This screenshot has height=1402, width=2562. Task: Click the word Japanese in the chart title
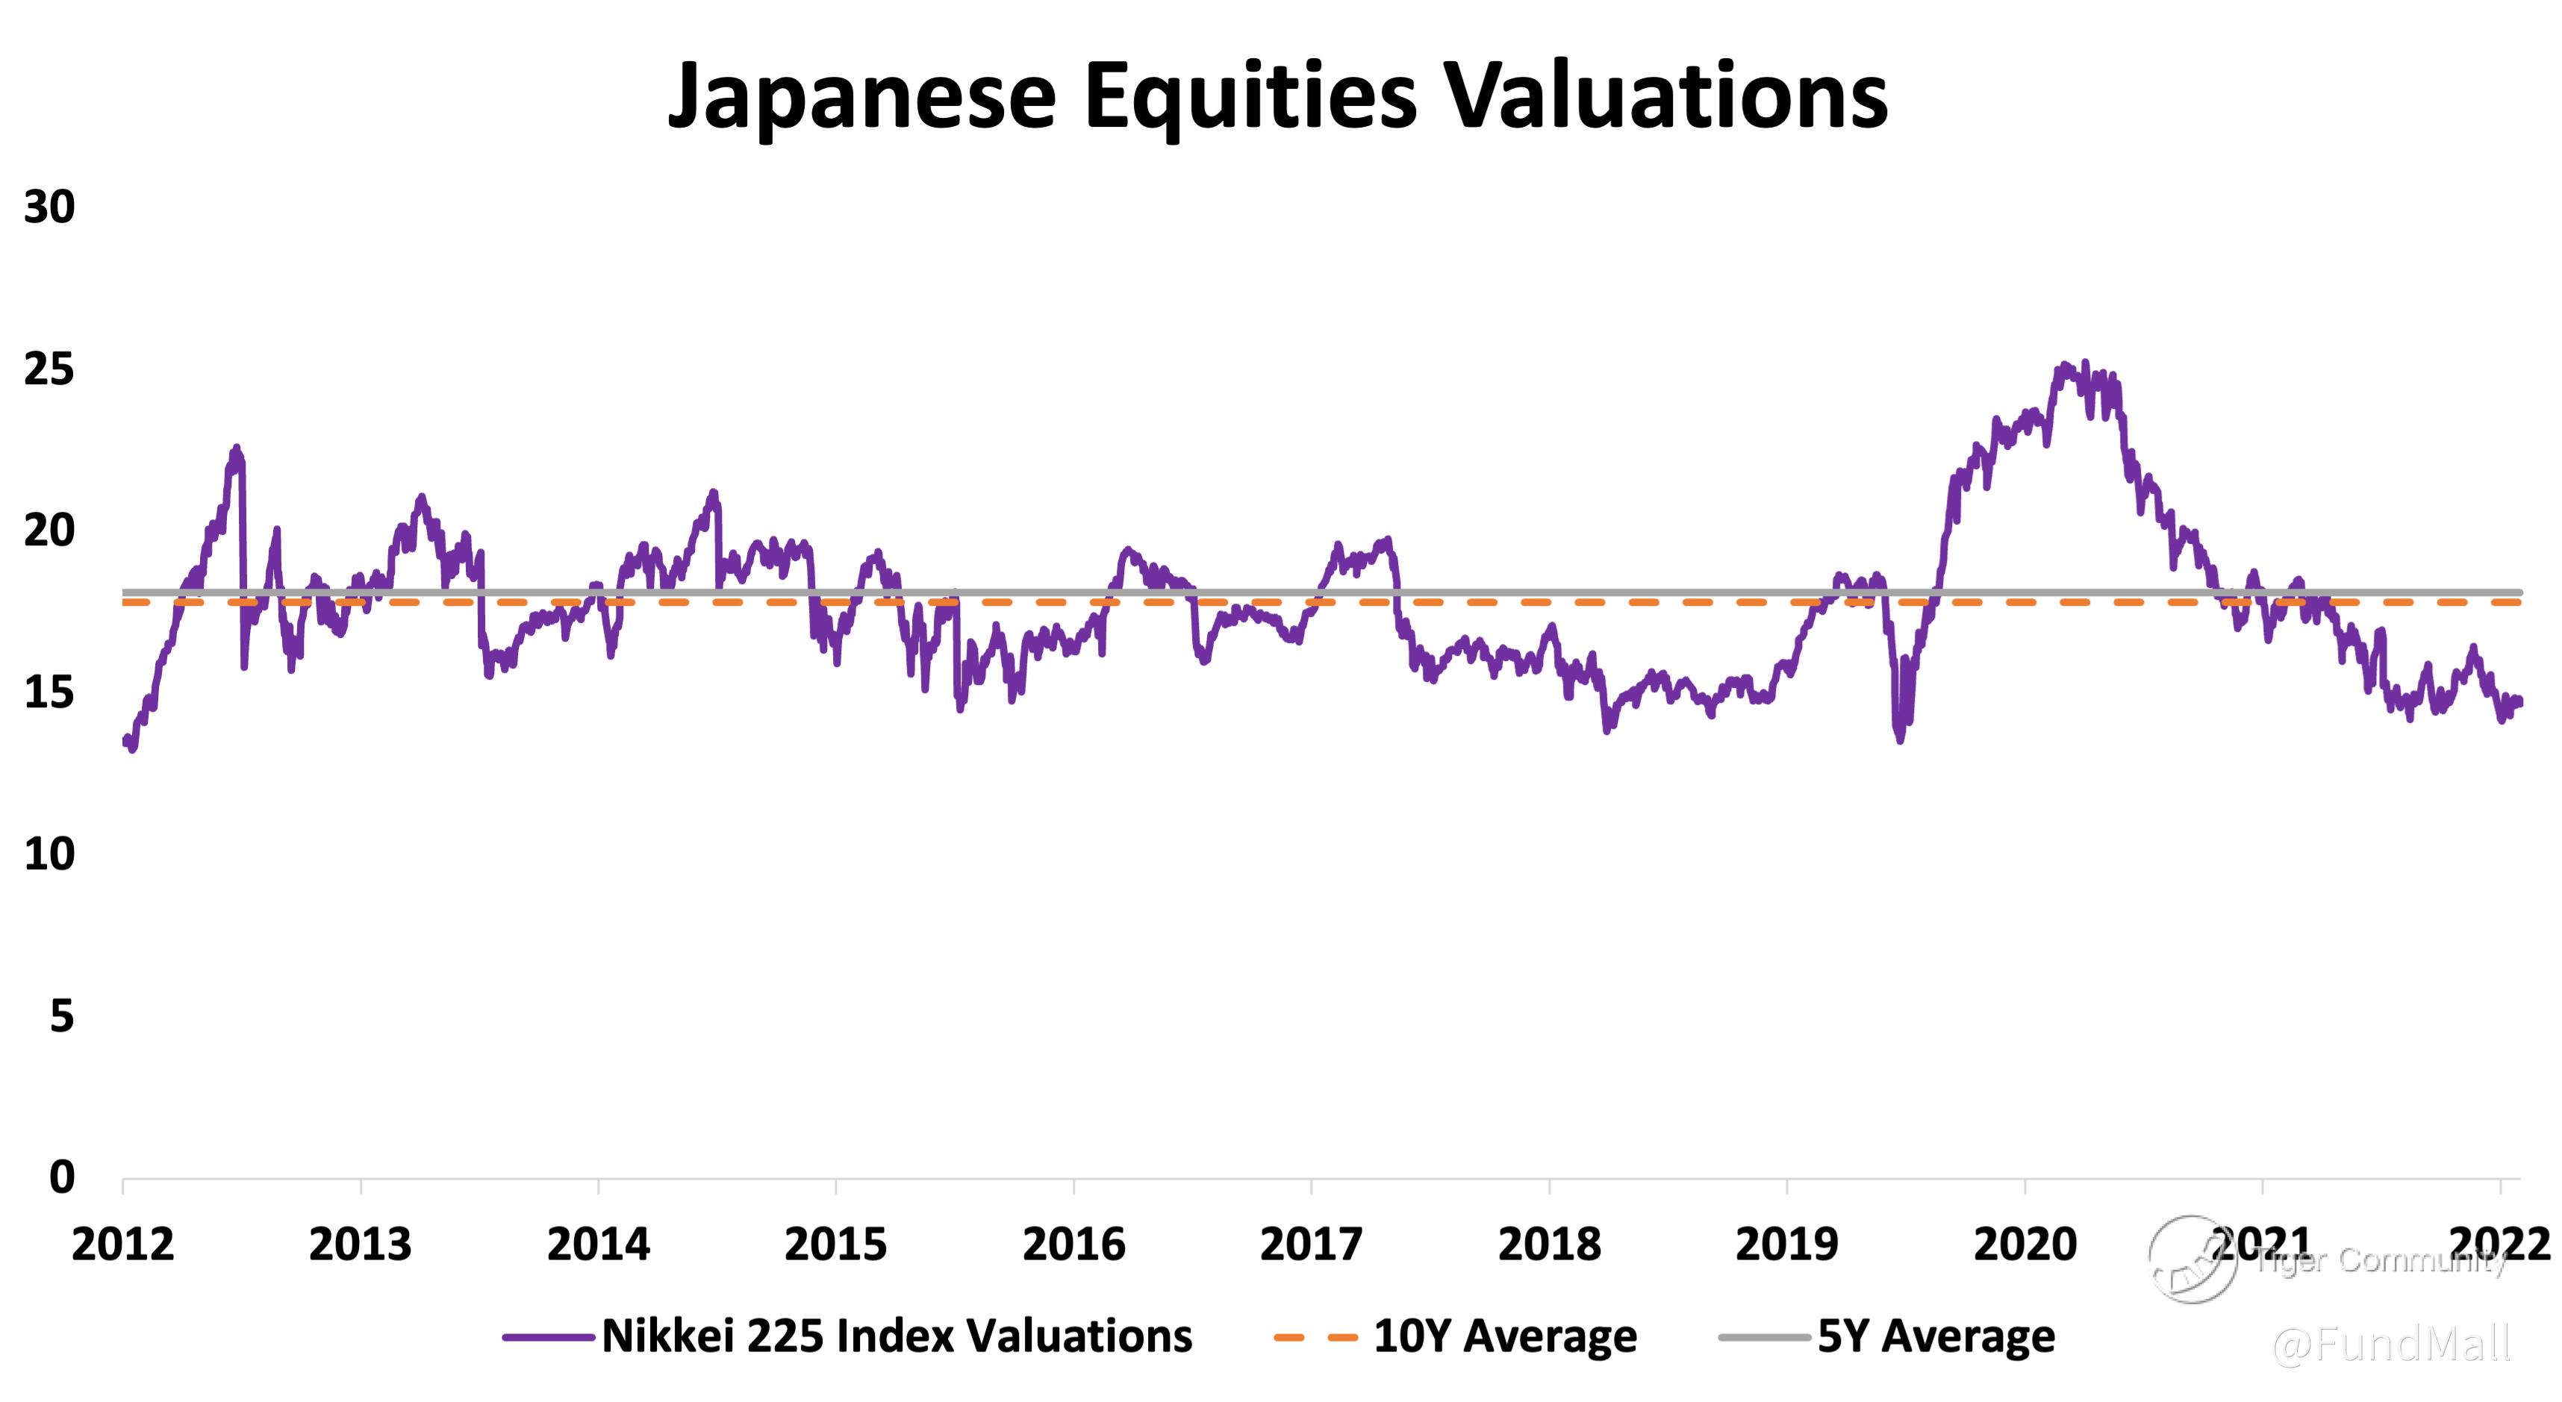point(861,96)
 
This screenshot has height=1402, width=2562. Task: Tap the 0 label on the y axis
point(62,1177)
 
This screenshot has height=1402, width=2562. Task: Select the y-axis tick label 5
point(62,1016)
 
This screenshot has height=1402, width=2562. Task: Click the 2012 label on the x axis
point(122,1245)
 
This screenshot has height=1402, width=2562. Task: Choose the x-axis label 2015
point(835,1245)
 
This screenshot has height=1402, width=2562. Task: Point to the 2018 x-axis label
point(1548,1245)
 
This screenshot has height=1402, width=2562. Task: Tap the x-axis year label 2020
point(2025,1245)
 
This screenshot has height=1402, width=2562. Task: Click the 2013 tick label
point(360,1245)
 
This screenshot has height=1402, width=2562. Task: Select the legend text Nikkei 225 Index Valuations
point(896,1336)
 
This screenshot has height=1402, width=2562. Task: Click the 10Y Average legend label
point(1505,1336)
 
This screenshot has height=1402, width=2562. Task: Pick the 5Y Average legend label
point(1936,1336)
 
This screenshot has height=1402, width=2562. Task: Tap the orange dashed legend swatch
point(1315,1337)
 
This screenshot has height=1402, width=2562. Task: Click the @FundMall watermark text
point(2390,1345)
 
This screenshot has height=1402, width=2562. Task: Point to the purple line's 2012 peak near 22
point(237,448)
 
